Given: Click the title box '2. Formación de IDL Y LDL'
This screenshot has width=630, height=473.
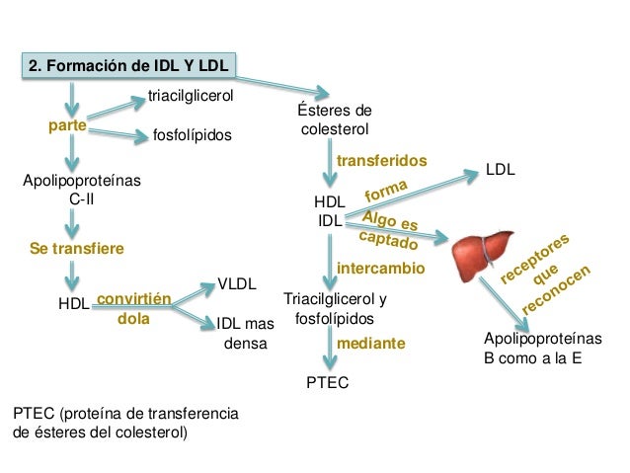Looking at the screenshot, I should [128, 67].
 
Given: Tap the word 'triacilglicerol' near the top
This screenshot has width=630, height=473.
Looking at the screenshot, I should [190, 96].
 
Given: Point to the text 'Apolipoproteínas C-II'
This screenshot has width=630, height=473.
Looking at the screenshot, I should [81, 190].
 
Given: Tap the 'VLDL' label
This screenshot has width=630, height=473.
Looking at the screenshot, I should [237, 283].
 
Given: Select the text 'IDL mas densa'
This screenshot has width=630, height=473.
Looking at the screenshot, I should [245, 333].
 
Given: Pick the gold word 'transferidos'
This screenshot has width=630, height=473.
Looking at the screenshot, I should [381, 160].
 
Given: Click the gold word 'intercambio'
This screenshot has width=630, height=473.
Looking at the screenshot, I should [380, 268].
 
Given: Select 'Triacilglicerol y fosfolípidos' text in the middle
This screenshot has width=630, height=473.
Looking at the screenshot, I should [335, 309].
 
